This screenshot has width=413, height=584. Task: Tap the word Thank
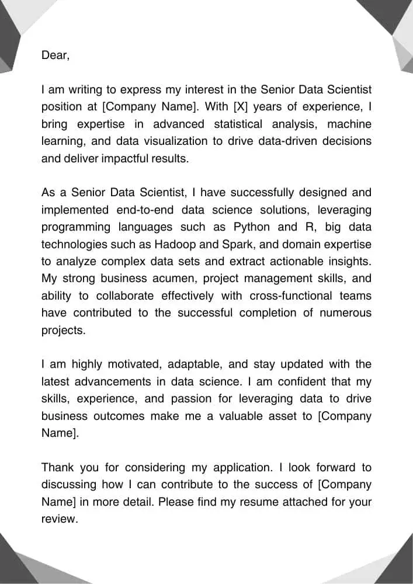click(x=58, y=468)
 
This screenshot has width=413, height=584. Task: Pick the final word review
click(x=59, y=519)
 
